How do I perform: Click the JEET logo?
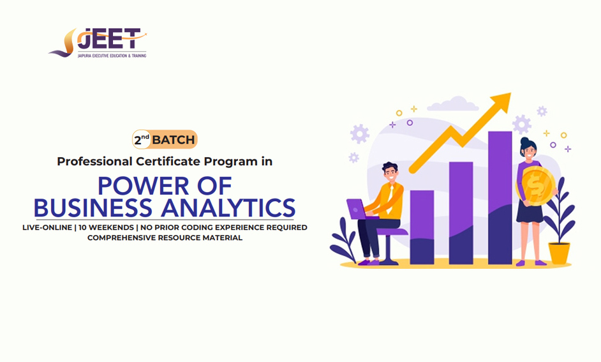[x=98, y=43]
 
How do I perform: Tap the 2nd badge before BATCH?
[x=142, y=140]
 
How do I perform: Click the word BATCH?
[x=174, y=140]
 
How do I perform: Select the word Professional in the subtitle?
[x=94, y=162]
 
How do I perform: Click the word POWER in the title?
[x=144, y=186]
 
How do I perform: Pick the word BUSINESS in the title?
[x=93, y=208]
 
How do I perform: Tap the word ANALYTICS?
[x=228, y=208]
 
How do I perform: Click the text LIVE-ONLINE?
[x=47, y=227]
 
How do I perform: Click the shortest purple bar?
[x=422, y=227]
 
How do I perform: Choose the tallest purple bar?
[x=500, y=197]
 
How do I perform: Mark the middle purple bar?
[x=461, y=213]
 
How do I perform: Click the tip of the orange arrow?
[x=511, y=93]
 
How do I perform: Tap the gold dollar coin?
[x=536, y=186]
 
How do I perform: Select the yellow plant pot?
[x=560, y=253]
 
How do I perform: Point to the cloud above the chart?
[x=453, y=104]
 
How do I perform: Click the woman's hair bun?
[x=524, y=140]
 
